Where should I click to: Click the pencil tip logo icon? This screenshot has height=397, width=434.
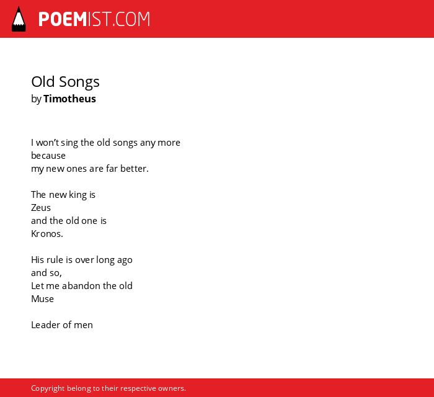19,19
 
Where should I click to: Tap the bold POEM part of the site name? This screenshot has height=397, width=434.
63,19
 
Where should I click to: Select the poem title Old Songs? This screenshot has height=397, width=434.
65,82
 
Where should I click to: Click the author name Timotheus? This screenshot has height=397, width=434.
69,99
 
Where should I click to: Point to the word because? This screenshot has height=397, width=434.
48,156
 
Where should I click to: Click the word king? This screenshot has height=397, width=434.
77,195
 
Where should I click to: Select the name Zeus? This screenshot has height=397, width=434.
41,208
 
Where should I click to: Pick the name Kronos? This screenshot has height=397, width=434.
46,234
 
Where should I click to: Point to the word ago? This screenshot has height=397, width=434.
125,261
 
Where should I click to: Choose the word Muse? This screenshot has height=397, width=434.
42,299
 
